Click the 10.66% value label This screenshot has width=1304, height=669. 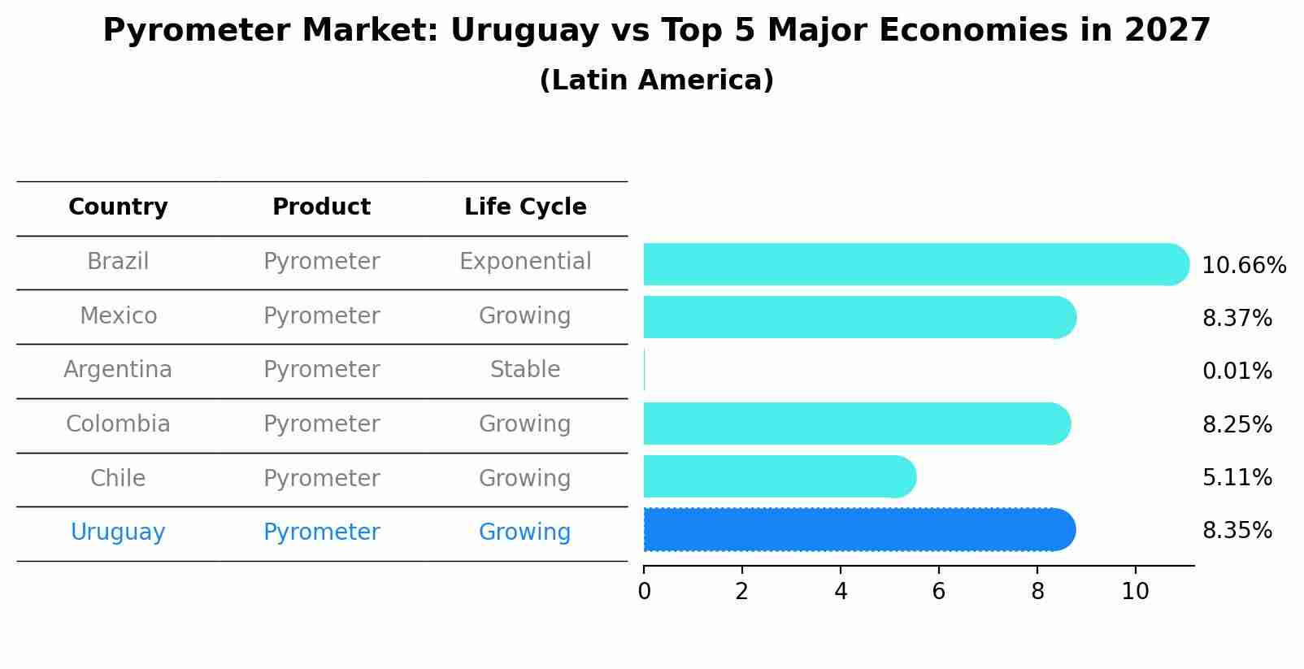(x=1243, y=266)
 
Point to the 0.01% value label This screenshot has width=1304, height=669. (x=1237, y=371)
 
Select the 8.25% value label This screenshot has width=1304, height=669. (x=1237, y=425)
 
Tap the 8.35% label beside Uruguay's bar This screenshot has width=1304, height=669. (x=1237, y=531)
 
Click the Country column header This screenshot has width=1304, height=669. (x=118, y=207)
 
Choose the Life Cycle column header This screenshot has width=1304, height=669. (x=525, y=207)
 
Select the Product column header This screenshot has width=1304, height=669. (x=321, y=207)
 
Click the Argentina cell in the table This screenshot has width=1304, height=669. (x=118, y=370)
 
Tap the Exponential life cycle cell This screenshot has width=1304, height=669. (x=525, y=262)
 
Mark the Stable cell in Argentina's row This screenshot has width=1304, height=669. (x=525, y=370)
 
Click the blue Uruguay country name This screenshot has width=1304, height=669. (x=118, y=532)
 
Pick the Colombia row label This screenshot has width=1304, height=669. (x=118, y=424)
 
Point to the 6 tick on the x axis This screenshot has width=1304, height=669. (x=938, y=592)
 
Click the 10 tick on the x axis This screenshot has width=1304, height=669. (x=1135, y=592)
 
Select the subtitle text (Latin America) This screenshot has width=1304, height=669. (x=656, y=80)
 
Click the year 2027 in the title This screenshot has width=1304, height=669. (x=1167, y=31)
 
